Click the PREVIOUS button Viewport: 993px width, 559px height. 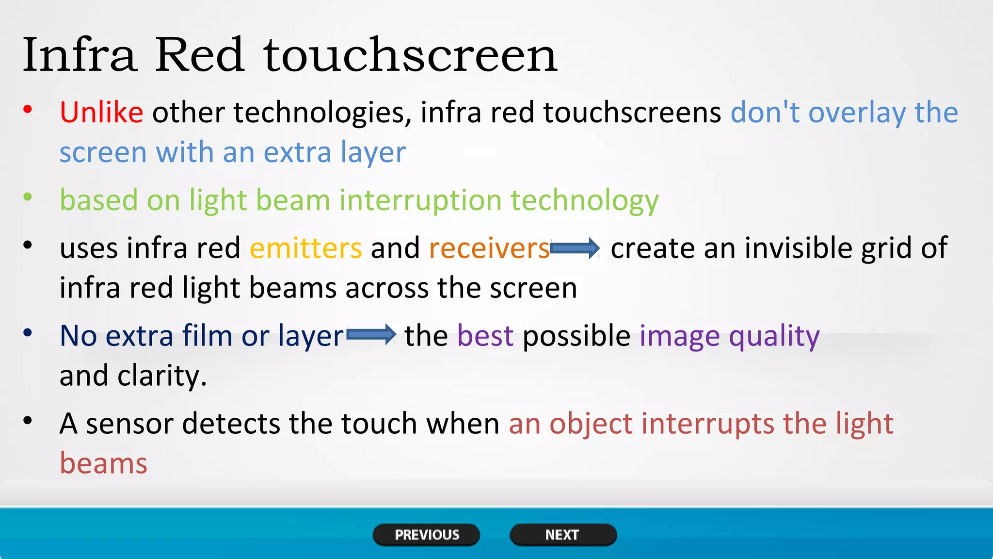click(426, 535)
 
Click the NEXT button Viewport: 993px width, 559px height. click(562, 535)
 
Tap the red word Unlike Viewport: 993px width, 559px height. click(101, 113)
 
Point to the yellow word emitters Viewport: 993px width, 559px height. click(305, 248)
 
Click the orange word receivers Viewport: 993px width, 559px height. click(489, 248)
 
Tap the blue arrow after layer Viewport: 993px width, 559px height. click(371, 335)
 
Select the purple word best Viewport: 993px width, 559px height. click(485, 336)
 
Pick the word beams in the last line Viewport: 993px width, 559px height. click(103, 463)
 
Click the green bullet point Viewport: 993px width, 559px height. click(28, 197)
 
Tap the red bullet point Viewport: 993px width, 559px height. click(28, 110)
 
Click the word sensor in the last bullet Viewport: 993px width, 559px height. click(129, 424)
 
